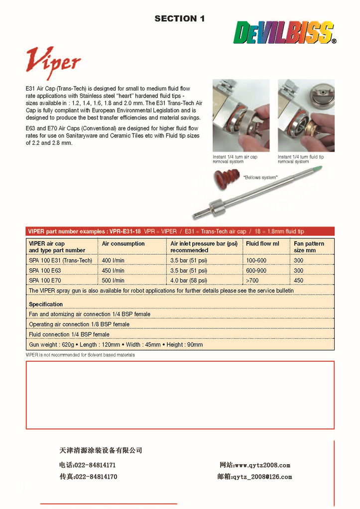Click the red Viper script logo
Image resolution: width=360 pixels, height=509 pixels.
click(x=53, y=62)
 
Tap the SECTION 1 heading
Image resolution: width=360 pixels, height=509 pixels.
click(x=179, y=19)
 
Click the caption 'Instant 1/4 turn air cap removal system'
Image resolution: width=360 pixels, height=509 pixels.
click(x=235, y=159)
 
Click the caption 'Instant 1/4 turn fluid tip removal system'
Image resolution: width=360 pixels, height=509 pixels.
click(x=301, y=159)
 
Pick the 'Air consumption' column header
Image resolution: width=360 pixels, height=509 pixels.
click(x=123, y=244)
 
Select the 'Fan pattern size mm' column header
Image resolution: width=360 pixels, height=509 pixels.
click(x=309, y=247)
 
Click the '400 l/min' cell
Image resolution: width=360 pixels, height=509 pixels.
click(x=114, y=261)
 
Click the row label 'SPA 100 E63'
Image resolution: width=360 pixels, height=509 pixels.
click(x=48, y=271)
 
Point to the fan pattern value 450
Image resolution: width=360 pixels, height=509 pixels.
click(x=298, y=281)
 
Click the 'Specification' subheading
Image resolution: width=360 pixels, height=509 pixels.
click(x=46, y=304)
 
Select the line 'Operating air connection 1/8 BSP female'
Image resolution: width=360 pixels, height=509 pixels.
click(x=79, y=324)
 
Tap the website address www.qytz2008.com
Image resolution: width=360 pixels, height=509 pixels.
click(x=262, y=465)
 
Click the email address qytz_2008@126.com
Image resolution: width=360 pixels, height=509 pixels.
click(x=262, y=477)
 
